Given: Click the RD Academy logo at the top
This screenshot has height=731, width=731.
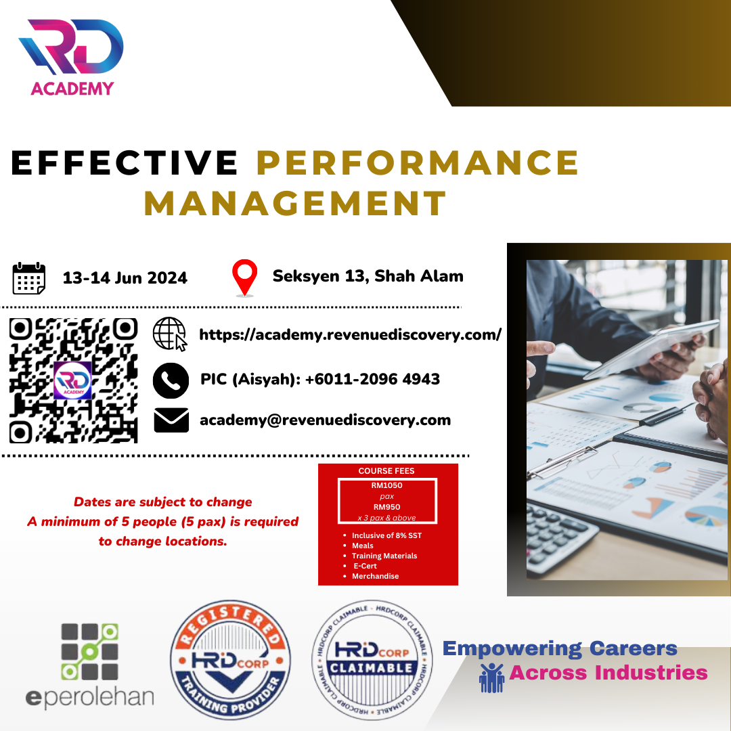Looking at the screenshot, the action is point(71,58).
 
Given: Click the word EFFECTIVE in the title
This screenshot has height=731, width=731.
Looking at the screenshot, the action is point(125,162).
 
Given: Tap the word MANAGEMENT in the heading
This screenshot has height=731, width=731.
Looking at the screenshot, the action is point(296,203).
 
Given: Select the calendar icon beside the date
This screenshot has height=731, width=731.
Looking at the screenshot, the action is point(29,278).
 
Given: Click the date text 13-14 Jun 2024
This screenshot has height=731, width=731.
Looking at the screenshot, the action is point(125,278).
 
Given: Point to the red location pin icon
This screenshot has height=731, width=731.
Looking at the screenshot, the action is point(245,278).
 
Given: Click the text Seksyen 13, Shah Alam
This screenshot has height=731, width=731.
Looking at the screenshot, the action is point(368,276).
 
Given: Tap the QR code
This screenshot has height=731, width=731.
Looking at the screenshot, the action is point(74,380).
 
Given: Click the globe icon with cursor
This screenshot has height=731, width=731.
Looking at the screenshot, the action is point(170,334).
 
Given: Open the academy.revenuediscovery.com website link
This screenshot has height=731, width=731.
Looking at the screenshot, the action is point(350,335).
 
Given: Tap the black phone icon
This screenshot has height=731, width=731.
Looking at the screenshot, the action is point(171,380).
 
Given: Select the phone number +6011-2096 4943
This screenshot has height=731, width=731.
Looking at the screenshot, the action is point(372,379).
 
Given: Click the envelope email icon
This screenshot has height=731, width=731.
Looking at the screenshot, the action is point(171,420).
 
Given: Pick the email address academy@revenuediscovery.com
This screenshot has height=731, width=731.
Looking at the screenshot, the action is point(326,420).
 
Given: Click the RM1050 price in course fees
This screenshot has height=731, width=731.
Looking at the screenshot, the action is point(387,485).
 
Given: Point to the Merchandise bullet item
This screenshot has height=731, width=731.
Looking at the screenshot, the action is point(375,576).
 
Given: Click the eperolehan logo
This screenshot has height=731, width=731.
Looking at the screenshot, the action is point(89,666).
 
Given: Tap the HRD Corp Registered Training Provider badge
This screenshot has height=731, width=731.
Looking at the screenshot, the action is point(230,660).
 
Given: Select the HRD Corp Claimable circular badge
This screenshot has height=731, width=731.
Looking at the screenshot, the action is point(372,660).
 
